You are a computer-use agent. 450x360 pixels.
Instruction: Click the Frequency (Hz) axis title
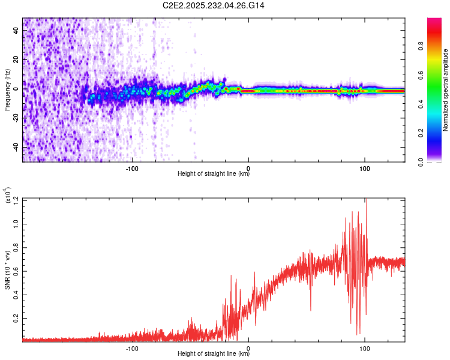pos(7,89)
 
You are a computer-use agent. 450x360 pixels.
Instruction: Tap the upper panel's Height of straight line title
pos(214,175)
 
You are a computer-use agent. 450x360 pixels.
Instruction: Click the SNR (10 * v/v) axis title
pos(7,270)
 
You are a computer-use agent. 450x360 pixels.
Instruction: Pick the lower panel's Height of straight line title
pos(214,355)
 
